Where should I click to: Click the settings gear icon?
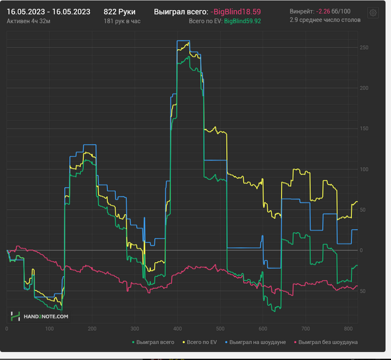[373, 12]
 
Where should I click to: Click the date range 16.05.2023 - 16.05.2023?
[49, 11]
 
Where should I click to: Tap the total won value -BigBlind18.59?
[236, 11]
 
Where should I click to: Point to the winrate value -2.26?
[322, 11]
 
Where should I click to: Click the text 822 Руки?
[120, 11]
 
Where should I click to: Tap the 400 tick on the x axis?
[177, 329]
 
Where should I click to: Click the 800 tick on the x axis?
[347, 329]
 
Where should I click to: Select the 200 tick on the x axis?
[92, 329]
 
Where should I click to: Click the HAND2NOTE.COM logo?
[40, 316]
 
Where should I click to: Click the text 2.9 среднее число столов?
[325, 20]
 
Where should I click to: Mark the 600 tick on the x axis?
[263, 329]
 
